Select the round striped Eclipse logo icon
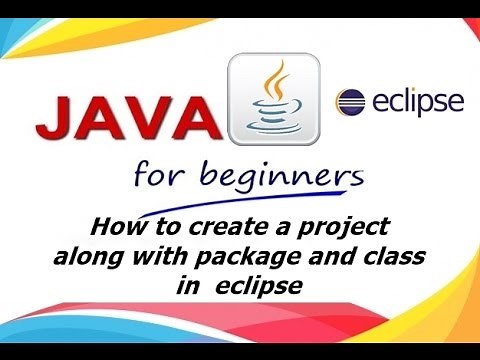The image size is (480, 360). tap(350, 102)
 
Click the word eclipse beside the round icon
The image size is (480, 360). tap(414, 102)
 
